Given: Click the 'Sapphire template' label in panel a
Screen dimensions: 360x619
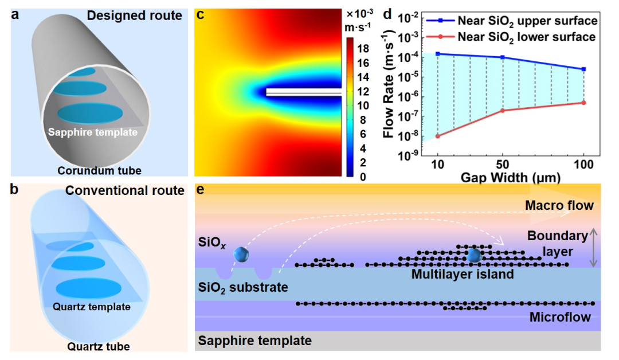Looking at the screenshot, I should [x=93, y=132].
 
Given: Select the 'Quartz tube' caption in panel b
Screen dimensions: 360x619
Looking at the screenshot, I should [x=98, y=346].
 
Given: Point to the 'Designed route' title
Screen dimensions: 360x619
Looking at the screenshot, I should [x=135, y=15].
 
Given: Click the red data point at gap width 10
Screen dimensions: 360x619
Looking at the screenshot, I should [x=438, y=136].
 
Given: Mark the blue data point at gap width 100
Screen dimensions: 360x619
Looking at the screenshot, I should [x=583, y=69].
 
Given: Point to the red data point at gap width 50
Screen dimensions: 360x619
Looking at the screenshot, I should [x=503, y=110].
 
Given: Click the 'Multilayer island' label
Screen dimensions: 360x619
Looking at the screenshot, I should [x=462, y=275].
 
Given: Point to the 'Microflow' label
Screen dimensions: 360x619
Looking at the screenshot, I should [x=560, y=317].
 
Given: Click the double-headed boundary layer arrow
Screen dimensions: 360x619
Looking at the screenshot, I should [x=593, y=248].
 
